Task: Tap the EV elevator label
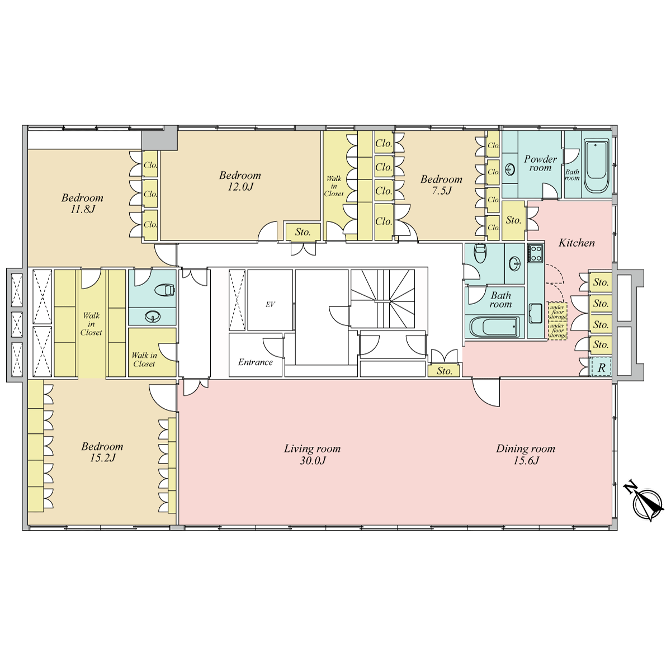click(270, 304)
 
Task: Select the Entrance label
click(255, 362)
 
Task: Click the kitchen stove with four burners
click(535, 253)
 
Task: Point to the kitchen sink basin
click(535, 313)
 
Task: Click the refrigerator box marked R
click(601, 367)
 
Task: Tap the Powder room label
click(540, 163)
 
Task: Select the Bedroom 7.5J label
click(441, 185)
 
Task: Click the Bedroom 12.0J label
click(240, 181)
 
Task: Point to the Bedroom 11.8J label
click(83, 204)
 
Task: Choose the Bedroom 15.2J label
click(102, 452)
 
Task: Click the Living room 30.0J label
click(313, 455)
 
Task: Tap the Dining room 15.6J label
click(526, 455)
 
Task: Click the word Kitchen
click(577, 243)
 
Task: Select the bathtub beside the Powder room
click(597, 166)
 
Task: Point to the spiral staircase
click(382, 298)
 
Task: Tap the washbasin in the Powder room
click(510, 169)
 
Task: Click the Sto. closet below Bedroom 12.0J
click(303, 232)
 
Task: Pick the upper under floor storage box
click(557, 311)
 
